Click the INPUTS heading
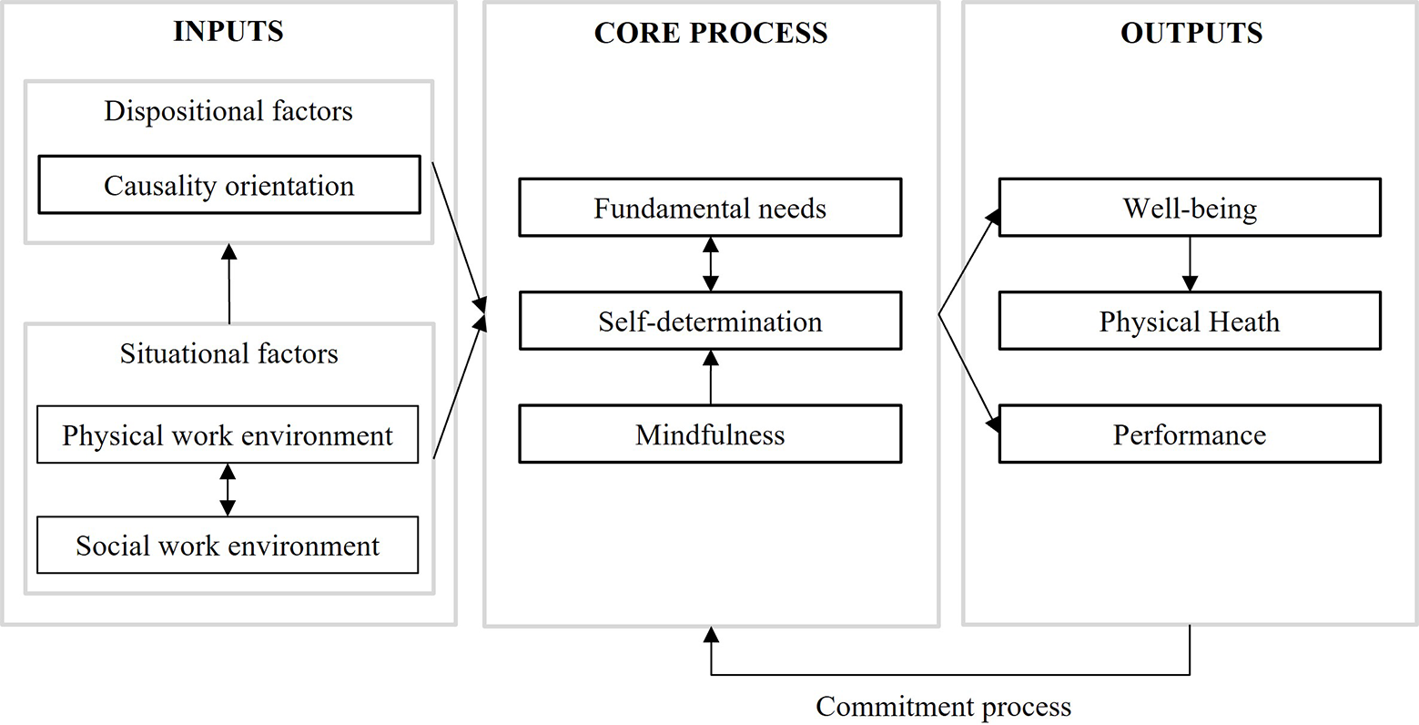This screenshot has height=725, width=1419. [x=228, y=32]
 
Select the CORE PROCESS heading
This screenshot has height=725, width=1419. [x=711, y=33]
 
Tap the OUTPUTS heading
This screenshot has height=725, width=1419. [x=1191, y=33]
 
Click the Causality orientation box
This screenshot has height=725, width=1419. [x=229, y=184]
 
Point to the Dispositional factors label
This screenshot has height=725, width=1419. [x=228, y=111]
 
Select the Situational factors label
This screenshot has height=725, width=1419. [x=228, y=353]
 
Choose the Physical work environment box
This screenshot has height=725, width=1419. [x=228, y=434]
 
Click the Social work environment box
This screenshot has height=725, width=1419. [x=228, y=545]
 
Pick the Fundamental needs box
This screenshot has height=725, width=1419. [x=710, y=208]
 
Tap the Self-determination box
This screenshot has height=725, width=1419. [x=710, y=321]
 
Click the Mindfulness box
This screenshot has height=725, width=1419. [x=710, y=434]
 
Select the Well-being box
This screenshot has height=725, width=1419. [x=1190, y=208]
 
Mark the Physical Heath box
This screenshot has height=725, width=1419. [x=1190, y=321]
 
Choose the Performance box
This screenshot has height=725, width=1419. [x=1190, y=434]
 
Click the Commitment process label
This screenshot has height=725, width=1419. [x=943, y=707]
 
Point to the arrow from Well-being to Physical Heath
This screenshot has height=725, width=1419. [x=1190, y=264]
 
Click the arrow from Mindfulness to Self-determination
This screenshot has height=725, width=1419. [x=711, y=378]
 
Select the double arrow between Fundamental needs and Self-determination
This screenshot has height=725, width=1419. [x=711, y=264]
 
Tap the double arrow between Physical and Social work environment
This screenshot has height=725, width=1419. [x=228, y=490]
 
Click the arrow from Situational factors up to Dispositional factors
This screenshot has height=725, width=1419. [x=228, y=284]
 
